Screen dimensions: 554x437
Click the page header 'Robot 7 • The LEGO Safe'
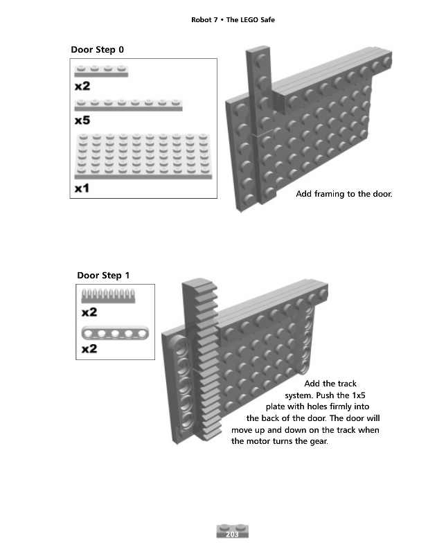coord(233,20)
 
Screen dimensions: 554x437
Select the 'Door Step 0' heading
coord(98,50)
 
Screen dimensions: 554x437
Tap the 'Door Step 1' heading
coord(103,276)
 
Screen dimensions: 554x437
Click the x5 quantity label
coord(82,120)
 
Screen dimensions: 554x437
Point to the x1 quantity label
coord(82,188)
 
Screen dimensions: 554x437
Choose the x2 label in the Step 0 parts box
coord(82,87)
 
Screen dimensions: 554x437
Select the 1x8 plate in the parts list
coord(128,105)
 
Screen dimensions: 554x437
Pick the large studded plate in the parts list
coord(143,157)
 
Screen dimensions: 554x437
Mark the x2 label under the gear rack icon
coord(89,312)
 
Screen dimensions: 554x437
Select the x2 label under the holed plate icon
coord(89,348)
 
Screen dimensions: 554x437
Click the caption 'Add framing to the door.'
coord(344,194)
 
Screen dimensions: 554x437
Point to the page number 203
coord(232,534)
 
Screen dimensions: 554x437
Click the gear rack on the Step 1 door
coord(204,360)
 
